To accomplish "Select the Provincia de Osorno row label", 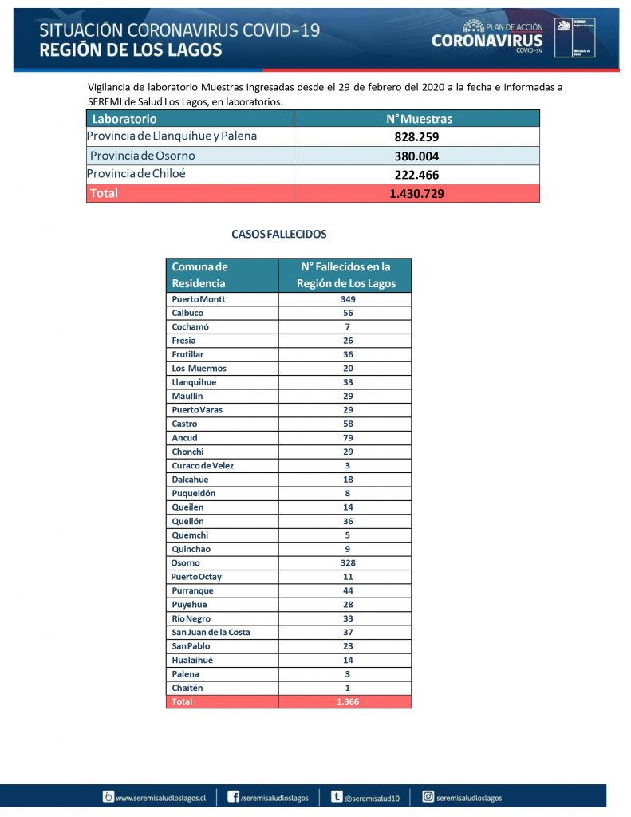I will point(142,156).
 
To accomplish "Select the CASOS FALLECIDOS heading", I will point(278,235).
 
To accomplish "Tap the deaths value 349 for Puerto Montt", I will point(345,299).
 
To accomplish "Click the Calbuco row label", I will point(187,313).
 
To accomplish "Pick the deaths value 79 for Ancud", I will point(345,438).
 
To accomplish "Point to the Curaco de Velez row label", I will point(203,465).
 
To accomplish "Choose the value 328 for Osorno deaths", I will point(345,562).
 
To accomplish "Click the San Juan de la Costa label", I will point(211,632).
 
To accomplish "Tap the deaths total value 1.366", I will point(345,702).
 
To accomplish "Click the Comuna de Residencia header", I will point(199,275).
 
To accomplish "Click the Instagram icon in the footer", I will point(428,796).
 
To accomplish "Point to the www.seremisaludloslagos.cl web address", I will point(160,797).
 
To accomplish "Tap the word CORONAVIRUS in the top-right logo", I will point(487,41).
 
